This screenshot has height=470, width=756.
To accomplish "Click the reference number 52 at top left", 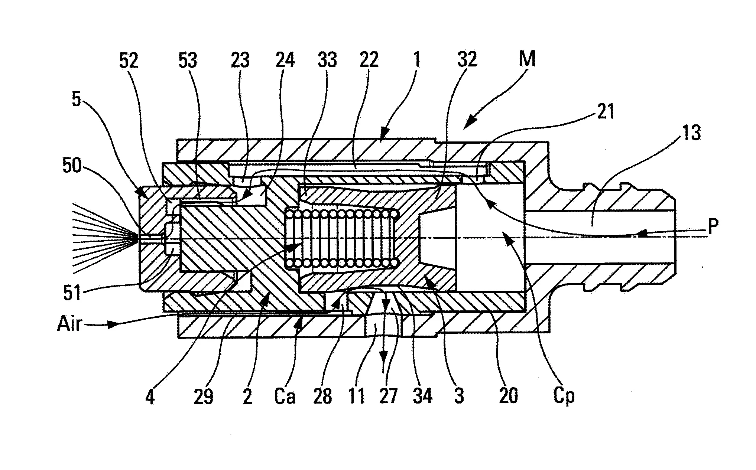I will pyautogui.click(x=129, y=60).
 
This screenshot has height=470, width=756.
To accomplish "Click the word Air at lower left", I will pyautogui.click(x=70, y=324).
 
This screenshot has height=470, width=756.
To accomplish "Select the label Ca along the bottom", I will pyautogui.click(x=285, y=396).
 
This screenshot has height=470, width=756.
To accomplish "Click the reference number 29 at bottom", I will pyautogui.click(x=204, y=396).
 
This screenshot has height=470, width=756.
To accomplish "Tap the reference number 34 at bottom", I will pyautogui.click(x=422, y=396).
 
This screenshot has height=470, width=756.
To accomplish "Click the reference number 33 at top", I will pyautogui.click(x=327, y=60).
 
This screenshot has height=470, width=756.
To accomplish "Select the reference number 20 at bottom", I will pyautogui.click(x=508, y=396).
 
